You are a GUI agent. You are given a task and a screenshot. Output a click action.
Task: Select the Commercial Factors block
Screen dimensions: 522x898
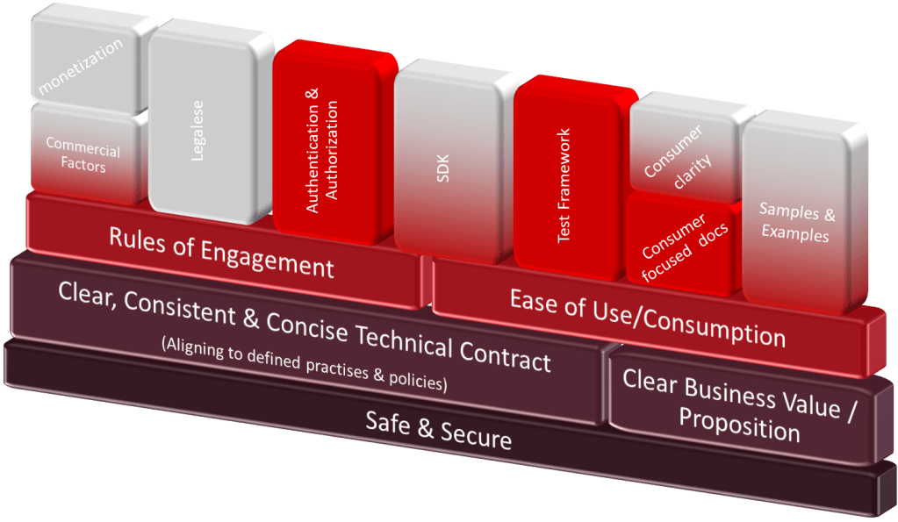(x=83, y=156)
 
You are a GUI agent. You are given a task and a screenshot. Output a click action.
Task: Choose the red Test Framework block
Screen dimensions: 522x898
(x=566, y=175)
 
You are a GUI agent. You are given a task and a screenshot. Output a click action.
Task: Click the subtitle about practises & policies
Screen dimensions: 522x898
(x=305, y=365)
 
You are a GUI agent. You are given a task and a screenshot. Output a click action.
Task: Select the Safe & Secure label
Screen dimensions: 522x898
(x=438, y=429)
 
